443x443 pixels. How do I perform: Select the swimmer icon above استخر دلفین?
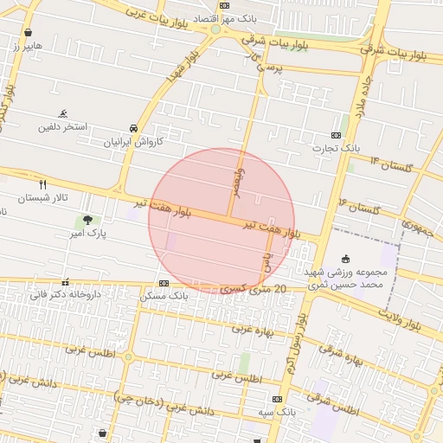click(x=63, y=113)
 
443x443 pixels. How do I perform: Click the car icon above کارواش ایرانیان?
click(x=132, y=127)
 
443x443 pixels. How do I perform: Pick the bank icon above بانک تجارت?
click(x=336, y=135)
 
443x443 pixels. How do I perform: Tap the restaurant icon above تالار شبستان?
click(x=43, y=184)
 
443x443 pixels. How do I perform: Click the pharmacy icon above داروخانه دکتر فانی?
click(x=65, y=282)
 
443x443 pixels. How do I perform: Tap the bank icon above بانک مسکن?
click(x=164, y=283)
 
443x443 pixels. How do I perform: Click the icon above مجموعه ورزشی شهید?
click(x=347, y=258)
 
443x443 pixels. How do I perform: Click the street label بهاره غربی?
click(x=252, y=330)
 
